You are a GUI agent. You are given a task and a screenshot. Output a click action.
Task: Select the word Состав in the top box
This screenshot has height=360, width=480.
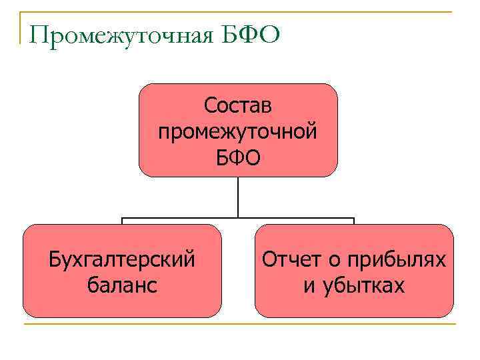[x=238, y=105]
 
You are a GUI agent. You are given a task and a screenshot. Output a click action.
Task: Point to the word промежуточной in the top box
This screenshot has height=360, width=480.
[x=238, y=131]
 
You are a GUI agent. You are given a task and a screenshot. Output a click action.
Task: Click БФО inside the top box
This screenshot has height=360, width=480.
[x=238, y=158]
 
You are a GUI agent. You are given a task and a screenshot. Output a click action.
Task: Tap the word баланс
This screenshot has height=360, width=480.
[x=123, y=285]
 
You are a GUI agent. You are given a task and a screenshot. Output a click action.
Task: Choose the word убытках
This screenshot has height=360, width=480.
[x=364, y=285]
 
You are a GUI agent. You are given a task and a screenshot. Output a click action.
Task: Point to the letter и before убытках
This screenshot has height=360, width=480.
[x=309, y=286]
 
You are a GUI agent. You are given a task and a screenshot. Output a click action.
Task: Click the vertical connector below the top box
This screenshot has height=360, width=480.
[x=238, y=197]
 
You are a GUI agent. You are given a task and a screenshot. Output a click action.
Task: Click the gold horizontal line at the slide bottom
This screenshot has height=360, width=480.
[x=240, y=325]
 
